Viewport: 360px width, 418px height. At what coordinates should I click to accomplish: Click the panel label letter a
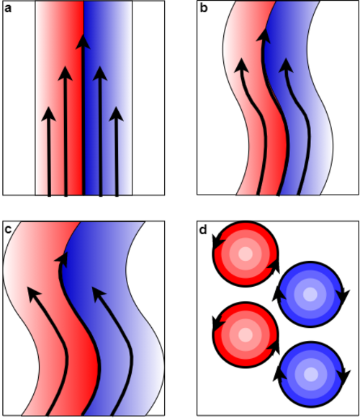pos(8,9)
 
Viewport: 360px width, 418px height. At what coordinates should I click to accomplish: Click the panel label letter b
pos(204,8)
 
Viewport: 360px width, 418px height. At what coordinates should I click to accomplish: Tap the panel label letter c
pos(8,229)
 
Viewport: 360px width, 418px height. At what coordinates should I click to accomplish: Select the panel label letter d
pos(203,229)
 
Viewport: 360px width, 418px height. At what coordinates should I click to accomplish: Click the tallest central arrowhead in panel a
pos(83,42)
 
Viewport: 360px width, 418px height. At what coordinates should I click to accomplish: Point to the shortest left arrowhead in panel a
pos(48,114)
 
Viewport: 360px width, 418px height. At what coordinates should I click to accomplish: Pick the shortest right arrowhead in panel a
pos(116,114)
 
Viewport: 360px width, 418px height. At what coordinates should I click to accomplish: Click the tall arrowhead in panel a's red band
pos(66,73)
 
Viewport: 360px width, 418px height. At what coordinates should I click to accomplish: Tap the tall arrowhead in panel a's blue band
pos(100,73)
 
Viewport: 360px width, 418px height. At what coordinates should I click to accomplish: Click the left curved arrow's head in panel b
pos(241,66)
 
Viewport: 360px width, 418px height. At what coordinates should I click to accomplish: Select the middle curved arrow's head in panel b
pos(264,36)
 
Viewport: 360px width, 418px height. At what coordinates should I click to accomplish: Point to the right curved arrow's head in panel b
pos(286,66)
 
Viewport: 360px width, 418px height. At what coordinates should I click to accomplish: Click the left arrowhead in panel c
pos(34,294)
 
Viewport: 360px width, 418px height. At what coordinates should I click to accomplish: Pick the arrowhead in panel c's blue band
pos(99,294)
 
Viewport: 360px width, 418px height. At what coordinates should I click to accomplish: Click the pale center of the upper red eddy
pos(246,253)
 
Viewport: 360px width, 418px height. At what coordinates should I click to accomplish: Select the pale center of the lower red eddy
pos(246,334)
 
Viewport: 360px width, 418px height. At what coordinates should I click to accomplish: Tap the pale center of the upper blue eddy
pos(310,294)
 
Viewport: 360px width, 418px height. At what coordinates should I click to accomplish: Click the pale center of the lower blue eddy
pos(310,374)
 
